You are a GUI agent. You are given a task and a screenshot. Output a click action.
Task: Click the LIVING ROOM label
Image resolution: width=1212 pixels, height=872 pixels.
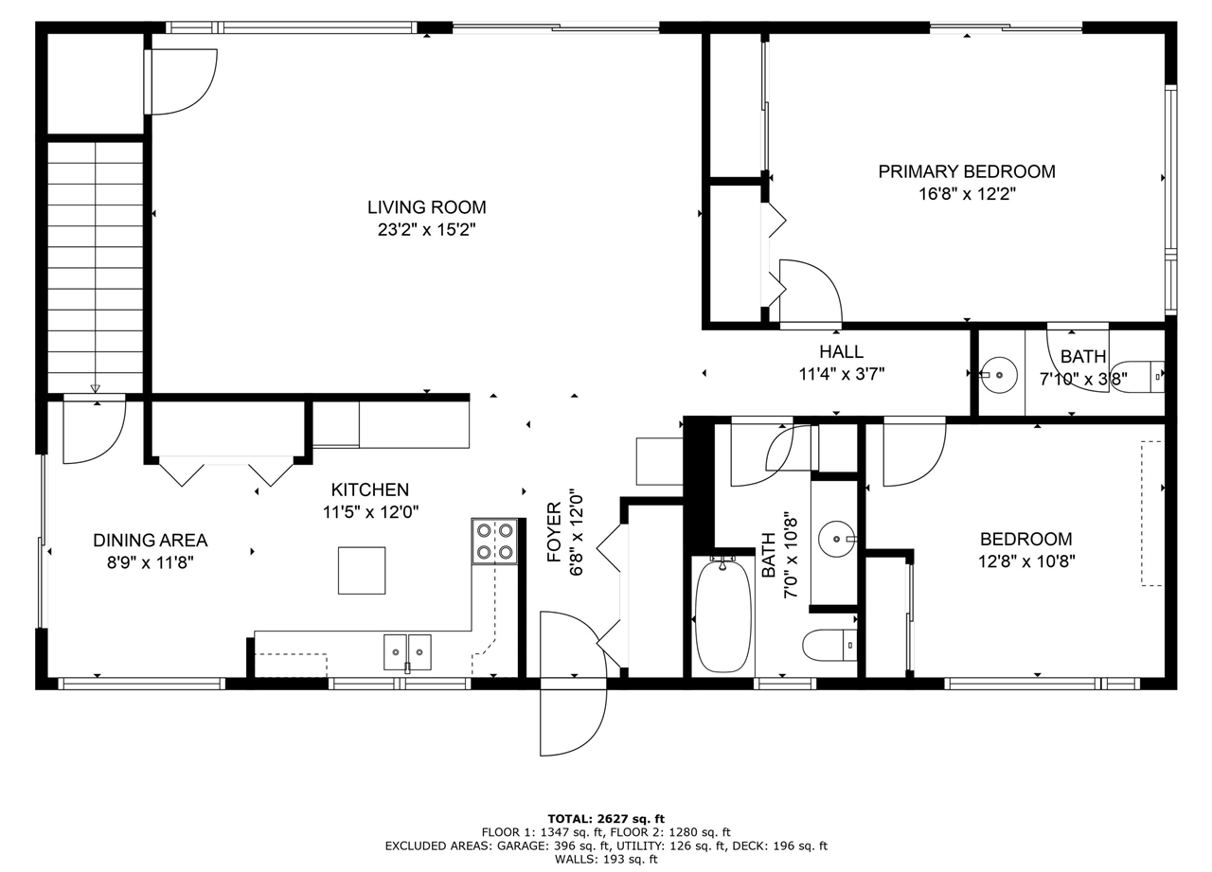(426, 207)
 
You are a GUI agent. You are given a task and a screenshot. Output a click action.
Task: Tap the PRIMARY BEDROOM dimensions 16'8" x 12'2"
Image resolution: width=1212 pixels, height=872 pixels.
(966, 194)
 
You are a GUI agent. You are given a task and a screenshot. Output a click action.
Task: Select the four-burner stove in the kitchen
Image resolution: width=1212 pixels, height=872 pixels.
(494, 542)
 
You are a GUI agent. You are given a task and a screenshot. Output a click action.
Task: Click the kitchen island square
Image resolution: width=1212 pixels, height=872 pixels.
(362, 570)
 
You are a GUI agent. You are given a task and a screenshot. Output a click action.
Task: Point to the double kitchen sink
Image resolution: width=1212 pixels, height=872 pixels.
(407, 651)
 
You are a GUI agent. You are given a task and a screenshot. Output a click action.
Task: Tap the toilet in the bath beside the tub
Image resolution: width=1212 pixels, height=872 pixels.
(828, 646)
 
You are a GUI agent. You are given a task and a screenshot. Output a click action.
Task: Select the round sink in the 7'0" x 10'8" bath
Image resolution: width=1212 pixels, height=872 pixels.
(837, 540)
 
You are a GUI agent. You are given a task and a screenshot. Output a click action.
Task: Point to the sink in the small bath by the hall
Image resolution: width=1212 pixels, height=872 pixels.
(996, 374)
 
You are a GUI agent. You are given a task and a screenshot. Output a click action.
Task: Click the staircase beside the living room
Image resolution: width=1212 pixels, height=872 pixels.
(95, 265)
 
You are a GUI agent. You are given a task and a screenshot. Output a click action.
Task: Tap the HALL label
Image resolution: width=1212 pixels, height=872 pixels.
(841, 352)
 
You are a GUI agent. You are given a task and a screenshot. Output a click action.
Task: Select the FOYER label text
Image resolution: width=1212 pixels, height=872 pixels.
(555, 532)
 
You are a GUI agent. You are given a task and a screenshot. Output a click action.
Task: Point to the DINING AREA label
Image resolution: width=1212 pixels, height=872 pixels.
(150, 541)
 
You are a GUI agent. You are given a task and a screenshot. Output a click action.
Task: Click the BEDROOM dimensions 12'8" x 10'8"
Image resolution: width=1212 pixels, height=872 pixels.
(1026, 561)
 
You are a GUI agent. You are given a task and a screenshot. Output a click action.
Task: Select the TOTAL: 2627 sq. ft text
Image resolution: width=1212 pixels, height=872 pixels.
(606, 819)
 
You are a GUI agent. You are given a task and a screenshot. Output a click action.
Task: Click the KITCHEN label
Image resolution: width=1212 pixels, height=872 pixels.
(369, 489)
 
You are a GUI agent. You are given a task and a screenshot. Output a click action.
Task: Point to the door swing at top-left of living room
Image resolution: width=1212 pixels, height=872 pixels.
(182, 80)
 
